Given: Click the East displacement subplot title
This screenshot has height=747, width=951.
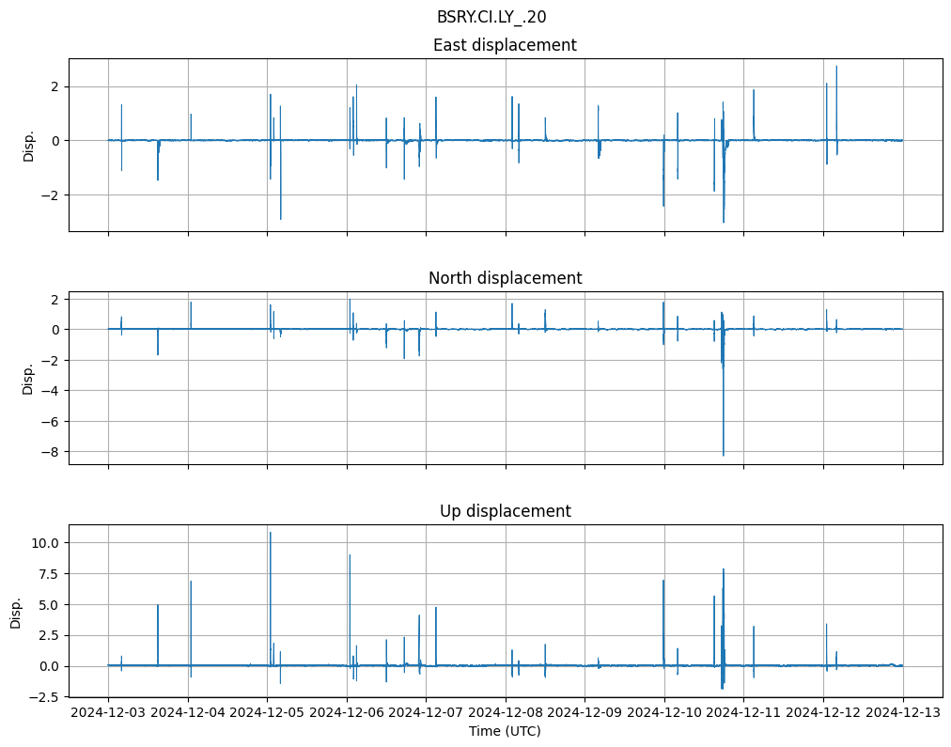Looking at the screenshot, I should [x=505, y=45].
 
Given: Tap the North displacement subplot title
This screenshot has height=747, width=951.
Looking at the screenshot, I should [x=505, y=278].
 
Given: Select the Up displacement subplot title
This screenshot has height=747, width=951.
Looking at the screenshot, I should [x=505, y=511].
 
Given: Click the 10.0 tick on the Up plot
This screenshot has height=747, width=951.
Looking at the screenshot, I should [x=47, y=543].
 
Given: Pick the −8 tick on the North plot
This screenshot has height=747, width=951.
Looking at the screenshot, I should [x=52, y=452].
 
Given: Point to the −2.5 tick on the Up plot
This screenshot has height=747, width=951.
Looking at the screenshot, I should [x=47, y=697].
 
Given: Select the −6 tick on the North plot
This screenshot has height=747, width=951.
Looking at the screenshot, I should [x=52, y=422].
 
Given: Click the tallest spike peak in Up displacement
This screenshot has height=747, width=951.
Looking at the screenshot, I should [x=271, y=533].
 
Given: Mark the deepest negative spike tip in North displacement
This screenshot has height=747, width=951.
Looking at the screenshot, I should [x=723, y=456].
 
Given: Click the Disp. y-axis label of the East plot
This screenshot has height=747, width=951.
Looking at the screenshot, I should [x=28, y=145].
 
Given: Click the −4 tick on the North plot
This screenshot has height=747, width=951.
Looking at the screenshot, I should [x=52, y=391].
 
